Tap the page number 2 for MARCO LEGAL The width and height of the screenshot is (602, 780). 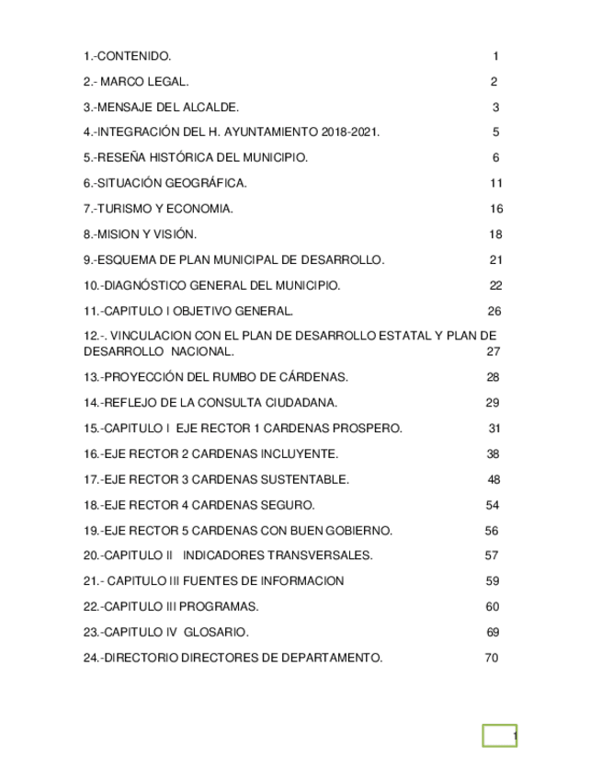point(494,82)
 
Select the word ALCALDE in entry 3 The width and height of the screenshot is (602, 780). point(215,108)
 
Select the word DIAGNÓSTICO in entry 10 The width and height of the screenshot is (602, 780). point(152,285)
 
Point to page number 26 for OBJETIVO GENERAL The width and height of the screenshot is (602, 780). point(494,311)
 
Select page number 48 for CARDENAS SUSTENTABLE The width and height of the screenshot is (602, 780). point(494,479)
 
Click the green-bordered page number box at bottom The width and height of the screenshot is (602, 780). point(501,736)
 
